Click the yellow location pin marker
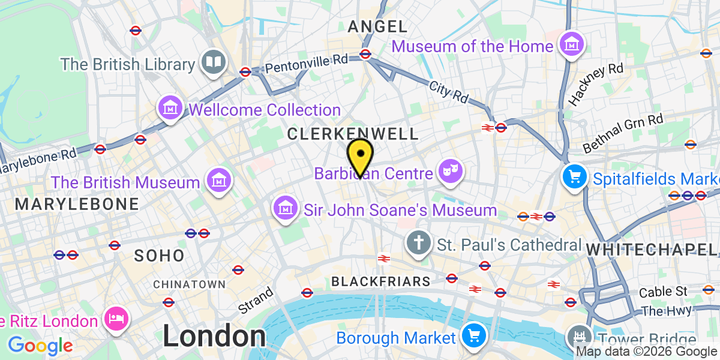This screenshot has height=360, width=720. (360, 155)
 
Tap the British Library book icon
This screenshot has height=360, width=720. (213, 63)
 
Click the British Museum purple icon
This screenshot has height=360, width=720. (218, 181)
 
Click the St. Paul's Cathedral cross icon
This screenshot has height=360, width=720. (419, 244)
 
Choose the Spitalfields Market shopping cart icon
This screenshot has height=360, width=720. (574, 177)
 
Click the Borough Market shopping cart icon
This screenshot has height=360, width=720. (473, 336)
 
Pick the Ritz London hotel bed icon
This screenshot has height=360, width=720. (114, 319)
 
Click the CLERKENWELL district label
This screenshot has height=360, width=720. (352, 134)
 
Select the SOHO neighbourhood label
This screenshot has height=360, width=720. (159, 256)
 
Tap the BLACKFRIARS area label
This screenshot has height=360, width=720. (380, 281)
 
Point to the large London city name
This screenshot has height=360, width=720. (214, 336)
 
